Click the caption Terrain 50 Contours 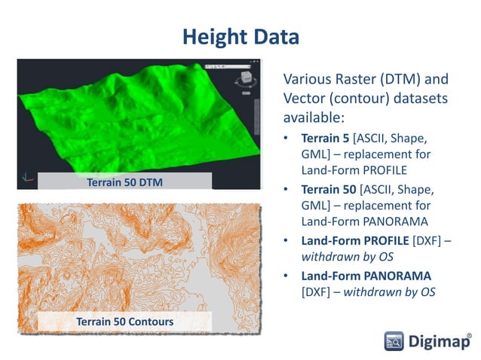click(x=124, y=322)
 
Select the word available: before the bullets click(x=314, y=118)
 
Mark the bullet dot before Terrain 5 click(x=286, y=139)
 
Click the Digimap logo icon click(x=394, y=340)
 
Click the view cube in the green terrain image click(x=244, y=81)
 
